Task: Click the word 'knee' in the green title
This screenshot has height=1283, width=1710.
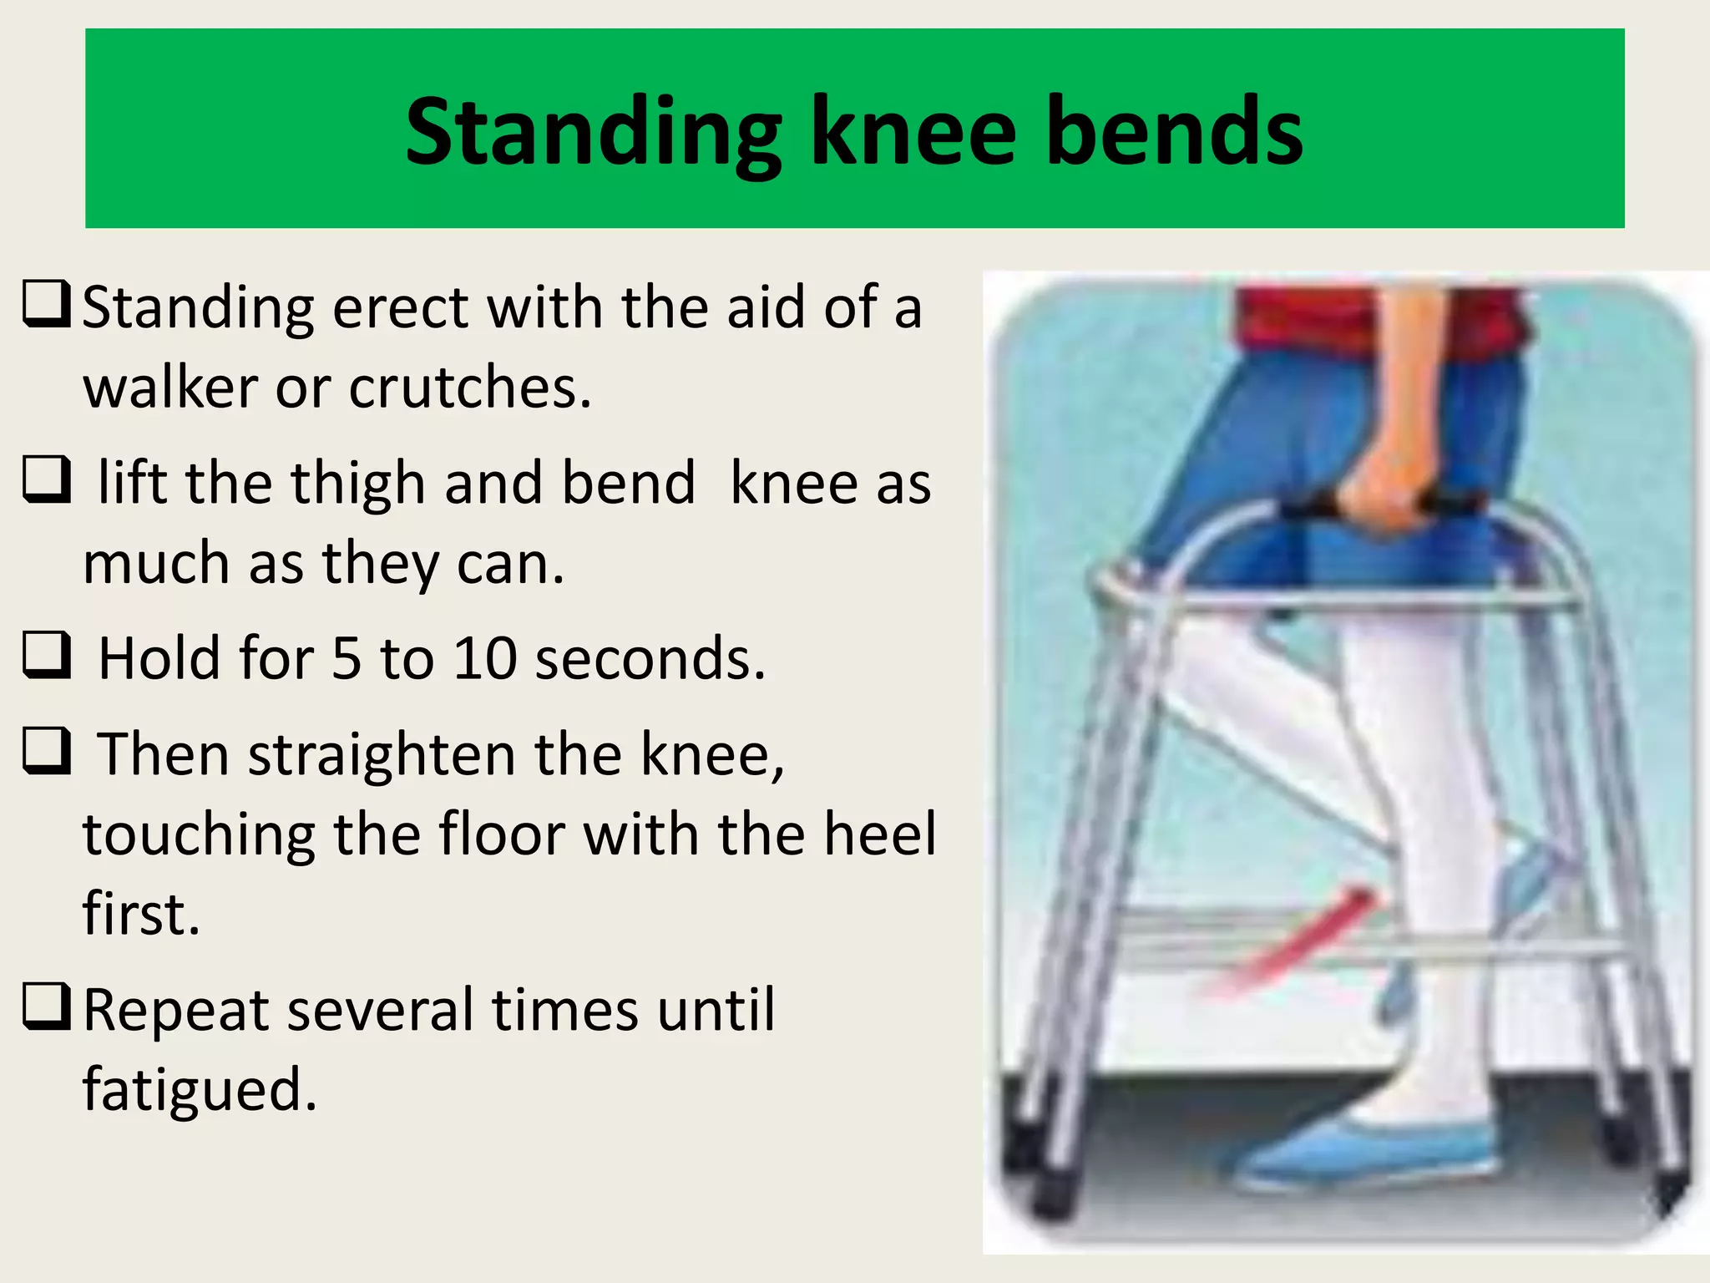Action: pyautogui.click(x=913, y=131)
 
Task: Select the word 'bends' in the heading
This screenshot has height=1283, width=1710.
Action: pyautogui.click(x=1173, y=131)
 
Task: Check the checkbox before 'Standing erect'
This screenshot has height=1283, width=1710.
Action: pyautogui.click(x=47, y=306)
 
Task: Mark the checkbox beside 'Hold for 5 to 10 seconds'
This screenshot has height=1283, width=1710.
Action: pyautogui.click(x=47, y=656)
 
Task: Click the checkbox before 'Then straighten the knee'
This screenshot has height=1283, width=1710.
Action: pyautogui.click(x=47, y=751)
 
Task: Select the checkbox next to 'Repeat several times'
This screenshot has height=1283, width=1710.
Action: pyautogui.click(x=47, y=1007)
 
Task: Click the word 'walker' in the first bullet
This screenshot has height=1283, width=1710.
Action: pyautogui.click(x=171, y=388)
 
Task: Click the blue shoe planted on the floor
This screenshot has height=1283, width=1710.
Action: pyautogui.click(x=1369, y=1153)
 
